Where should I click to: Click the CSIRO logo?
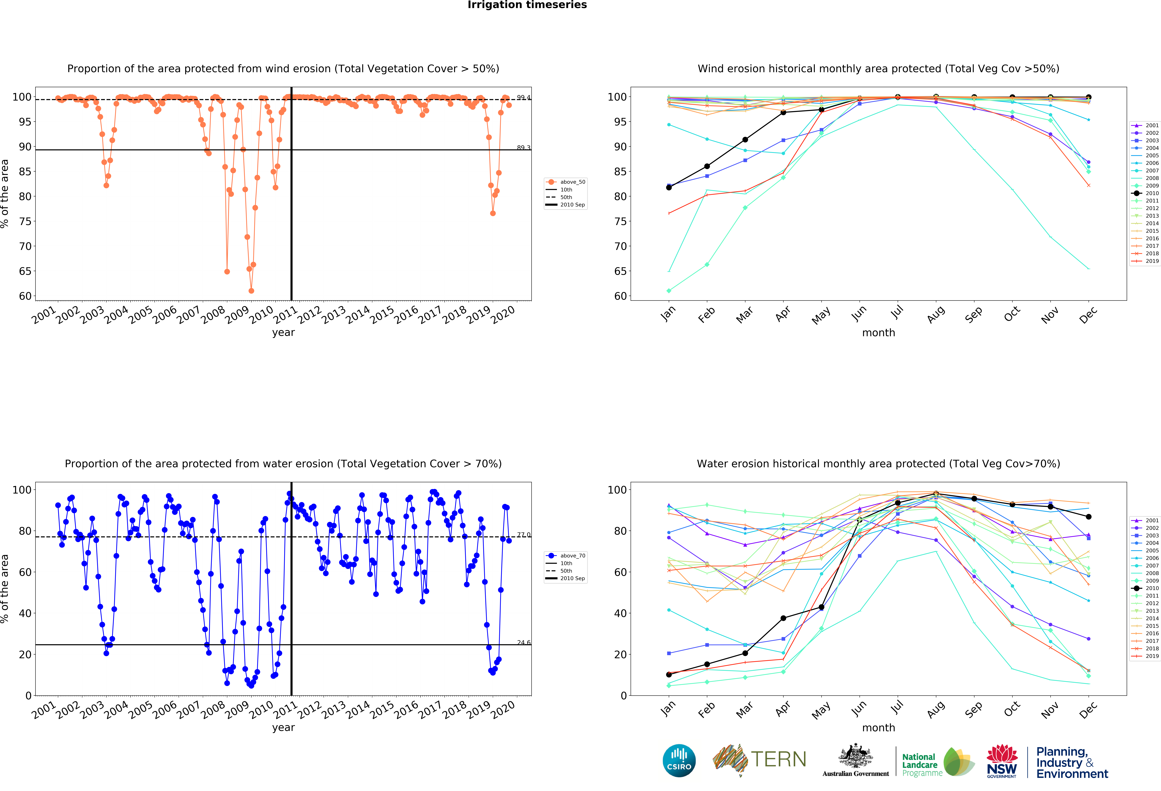pos(679,761)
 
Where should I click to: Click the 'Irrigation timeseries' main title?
pos(527,5)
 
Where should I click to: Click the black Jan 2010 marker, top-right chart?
pos(669,187)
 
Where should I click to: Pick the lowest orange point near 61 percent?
pos(251,291)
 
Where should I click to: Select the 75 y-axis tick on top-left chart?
pos(25,221)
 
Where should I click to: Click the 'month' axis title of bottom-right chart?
pos(878,728)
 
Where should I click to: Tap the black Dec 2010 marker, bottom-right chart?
pos(1089,517)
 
